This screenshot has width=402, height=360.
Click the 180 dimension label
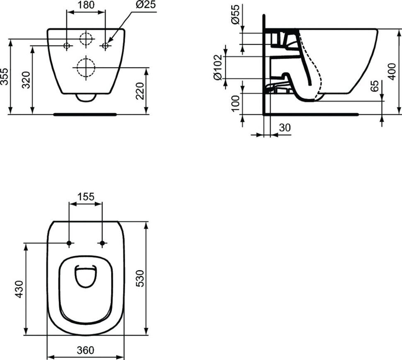[x=86, y=5]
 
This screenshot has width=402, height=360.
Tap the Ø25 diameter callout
[x=145, y=5]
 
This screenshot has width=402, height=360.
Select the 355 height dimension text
[x=5, y=76]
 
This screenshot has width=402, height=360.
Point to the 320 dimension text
[x=27, y=80]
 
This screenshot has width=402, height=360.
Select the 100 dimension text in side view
[x=235, y=104]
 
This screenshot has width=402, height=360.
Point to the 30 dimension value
[x=285, y=128]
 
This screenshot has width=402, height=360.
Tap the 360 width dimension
[x=85, y=350]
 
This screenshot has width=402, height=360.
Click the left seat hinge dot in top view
[x=69, y=243]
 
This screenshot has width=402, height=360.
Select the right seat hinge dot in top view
[x=102, y=243]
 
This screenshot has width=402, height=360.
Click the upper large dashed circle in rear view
[x=85, y=39]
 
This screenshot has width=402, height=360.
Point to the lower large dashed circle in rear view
[x=85, y=67]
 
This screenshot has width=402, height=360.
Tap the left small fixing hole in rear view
[x=67, y=46]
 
